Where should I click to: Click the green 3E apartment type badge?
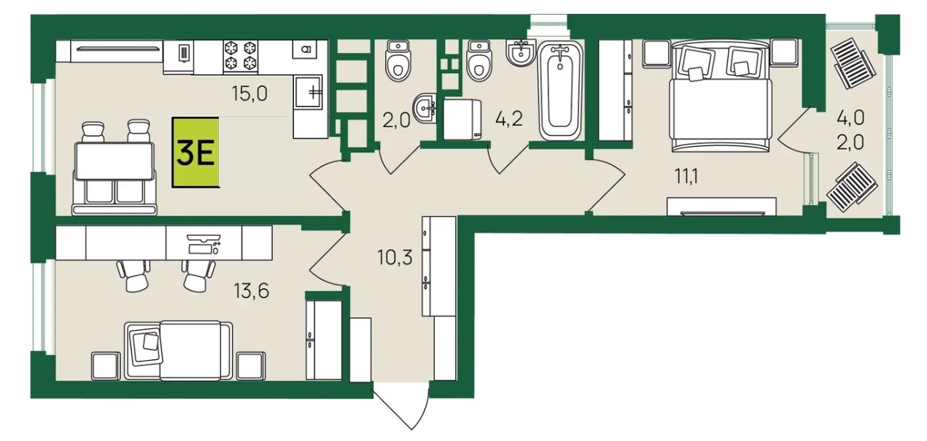coord(195,153)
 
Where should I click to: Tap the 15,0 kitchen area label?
coord(249,93)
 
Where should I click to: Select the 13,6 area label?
coord(252,291)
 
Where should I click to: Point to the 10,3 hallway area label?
coord(395,258)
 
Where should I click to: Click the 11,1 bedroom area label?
coord(686,177)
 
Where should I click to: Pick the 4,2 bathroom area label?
coord(509,119)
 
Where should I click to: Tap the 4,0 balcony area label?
coord(850,118)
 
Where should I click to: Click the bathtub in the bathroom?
coord(560,91)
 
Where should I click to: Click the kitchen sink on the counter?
coord(309,92)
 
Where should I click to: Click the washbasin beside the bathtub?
coord(521,53)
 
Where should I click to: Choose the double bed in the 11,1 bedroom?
coord(721,96)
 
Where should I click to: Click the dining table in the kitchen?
coord(115,161)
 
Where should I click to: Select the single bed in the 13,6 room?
coord(179,350)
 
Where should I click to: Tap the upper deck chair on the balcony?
coord(853,63)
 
